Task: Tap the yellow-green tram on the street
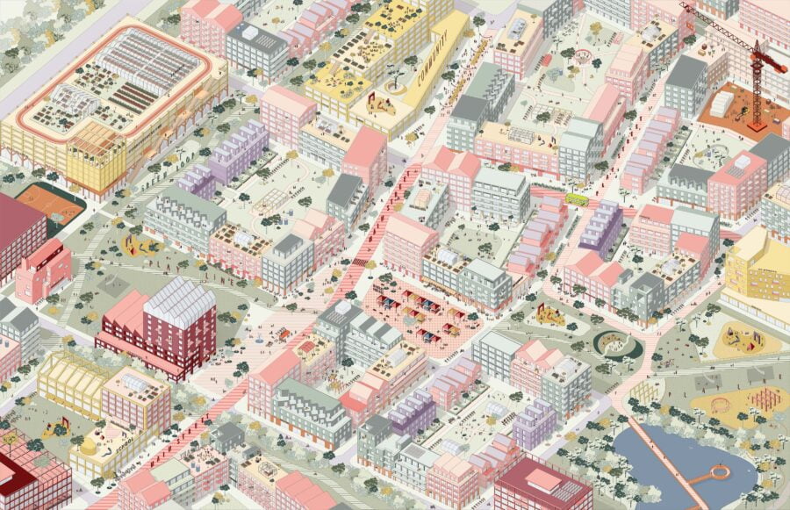(x=578, y=199)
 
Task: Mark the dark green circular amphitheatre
(x=618, y=342)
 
